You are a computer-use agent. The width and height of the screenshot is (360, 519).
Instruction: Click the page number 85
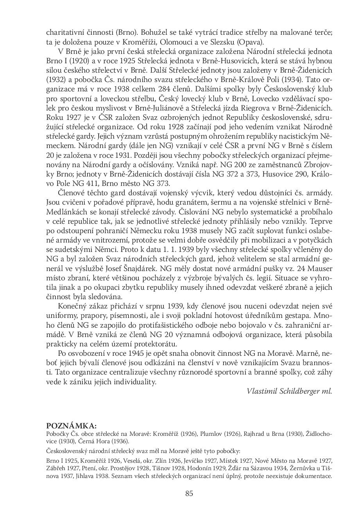[x=189, y=493]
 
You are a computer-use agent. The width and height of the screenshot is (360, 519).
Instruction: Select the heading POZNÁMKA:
[x=71, y=426]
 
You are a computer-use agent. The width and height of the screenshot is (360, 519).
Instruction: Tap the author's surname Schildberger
[x=300, y=391]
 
